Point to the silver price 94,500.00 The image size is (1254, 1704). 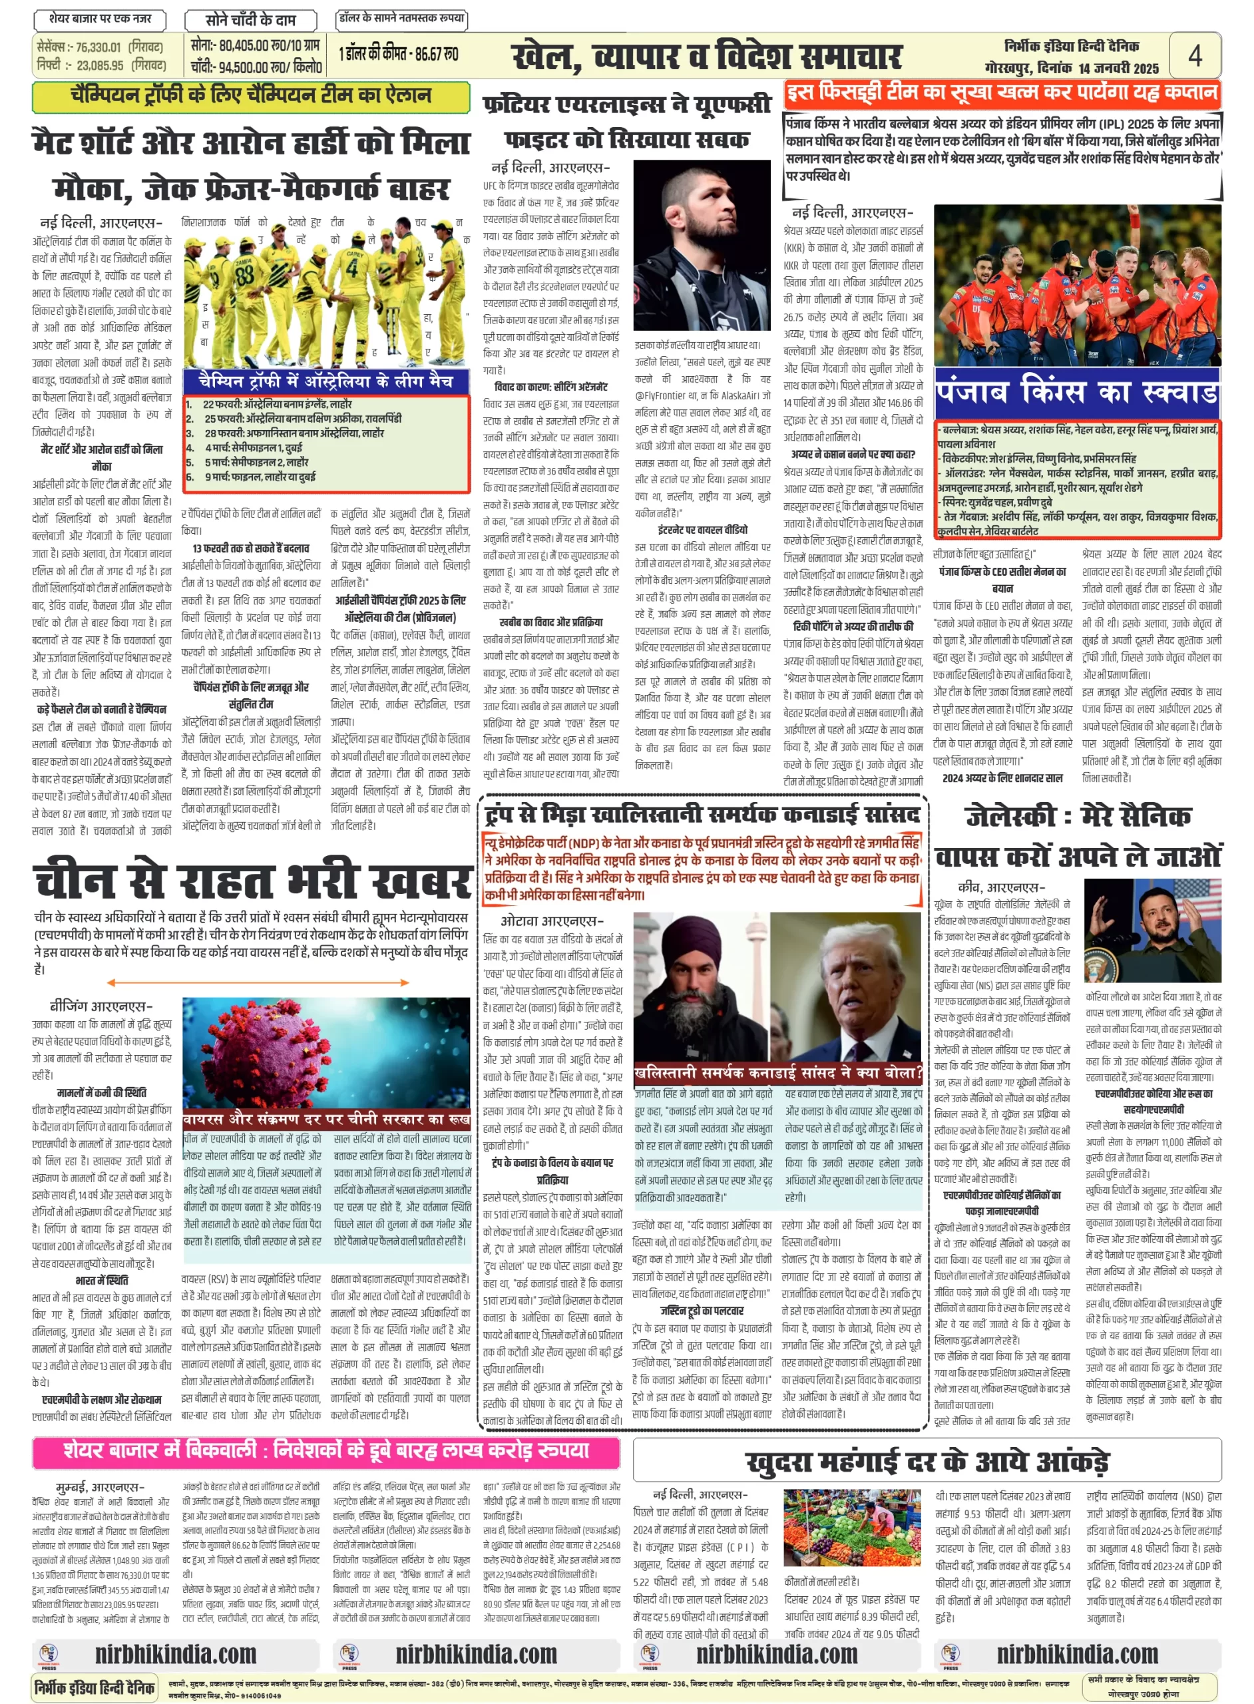point(244,67)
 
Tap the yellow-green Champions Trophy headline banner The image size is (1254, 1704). point(250,97)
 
